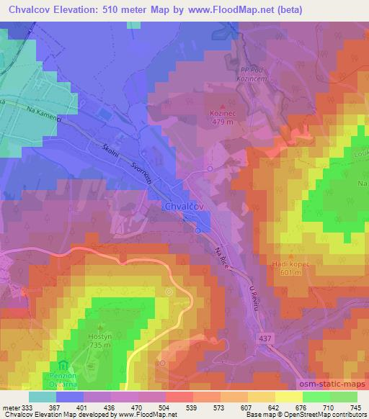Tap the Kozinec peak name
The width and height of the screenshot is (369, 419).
click(x=221, y=113)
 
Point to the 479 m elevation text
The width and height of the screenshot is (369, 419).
click(x=221, y=122)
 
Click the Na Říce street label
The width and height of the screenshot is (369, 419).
click(x=222, y=256)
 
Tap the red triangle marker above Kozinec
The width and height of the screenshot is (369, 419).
click(x=221, y=104)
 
